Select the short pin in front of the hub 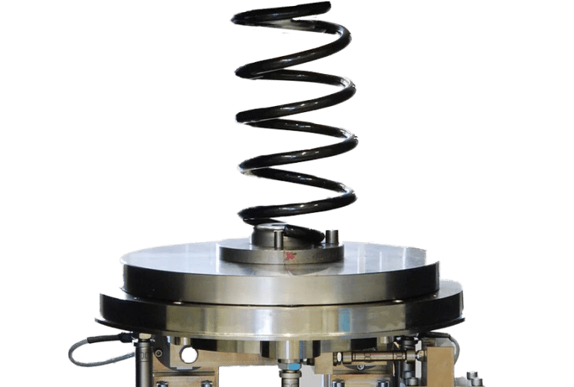coord(278,241)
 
